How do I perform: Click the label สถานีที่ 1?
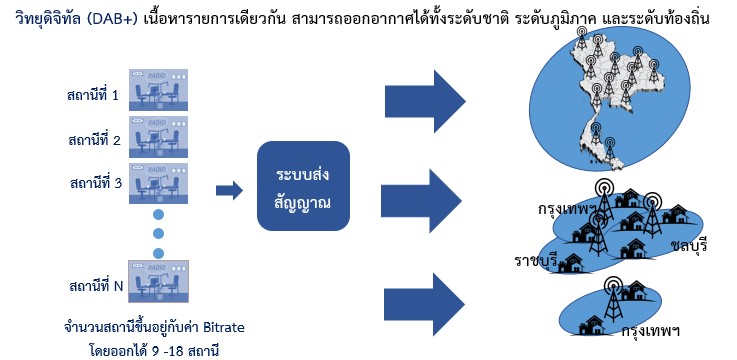click(x=92, y=95)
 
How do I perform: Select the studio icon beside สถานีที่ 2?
click(x=158, y=137)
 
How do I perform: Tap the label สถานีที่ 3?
click(x=95, y=183)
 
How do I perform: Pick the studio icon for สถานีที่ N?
click(x=158, y=282)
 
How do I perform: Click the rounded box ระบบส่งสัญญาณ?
click(x=303, y=186)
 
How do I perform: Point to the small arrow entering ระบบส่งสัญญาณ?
click(x=229, y=190)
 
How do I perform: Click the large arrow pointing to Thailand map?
click(x=425, y=102)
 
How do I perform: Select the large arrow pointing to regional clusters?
click(x=422, y=201)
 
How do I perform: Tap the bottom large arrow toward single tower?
click(x=424, y=305)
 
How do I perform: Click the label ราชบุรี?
click(x=536, y=261)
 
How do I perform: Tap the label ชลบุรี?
click(x=690, y=246)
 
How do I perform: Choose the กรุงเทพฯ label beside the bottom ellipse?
click(x=651, y=331)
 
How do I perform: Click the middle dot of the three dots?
click(x=158, y=234)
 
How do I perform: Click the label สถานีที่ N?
click(x=96, y=285)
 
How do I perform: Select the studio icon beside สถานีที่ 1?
click(x=158, y=90)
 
